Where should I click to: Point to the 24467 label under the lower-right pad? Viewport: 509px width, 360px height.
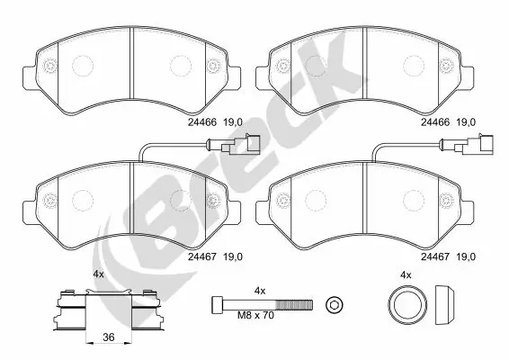tap(435, 256)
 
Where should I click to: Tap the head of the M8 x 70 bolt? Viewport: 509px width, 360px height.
tap(218, 302)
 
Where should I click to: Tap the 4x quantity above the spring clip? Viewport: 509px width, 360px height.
tap(99, 274)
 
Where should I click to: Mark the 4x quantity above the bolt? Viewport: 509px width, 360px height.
tap(261, 290)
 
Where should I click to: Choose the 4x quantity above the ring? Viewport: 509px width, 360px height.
tap(405, 274)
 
